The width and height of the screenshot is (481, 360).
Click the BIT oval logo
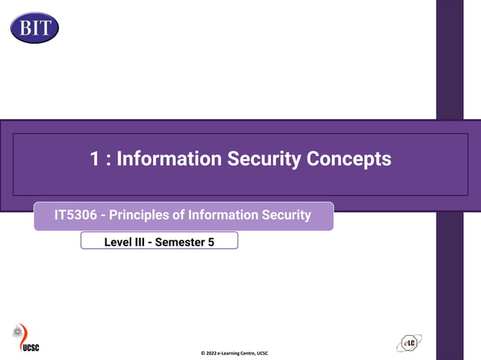[35, 28]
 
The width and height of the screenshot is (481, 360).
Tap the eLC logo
[409, 343]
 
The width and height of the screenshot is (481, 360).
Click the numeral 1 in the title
[95, 159]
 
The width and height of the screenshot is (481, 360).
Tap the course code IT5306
[75, 215]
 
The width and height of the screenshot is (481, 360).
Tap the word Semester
[184, 241]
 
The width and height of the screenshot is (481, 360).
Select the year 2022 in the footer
[213, 353]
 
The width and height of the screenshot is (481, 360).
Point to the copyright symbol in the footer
[203, 353]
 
